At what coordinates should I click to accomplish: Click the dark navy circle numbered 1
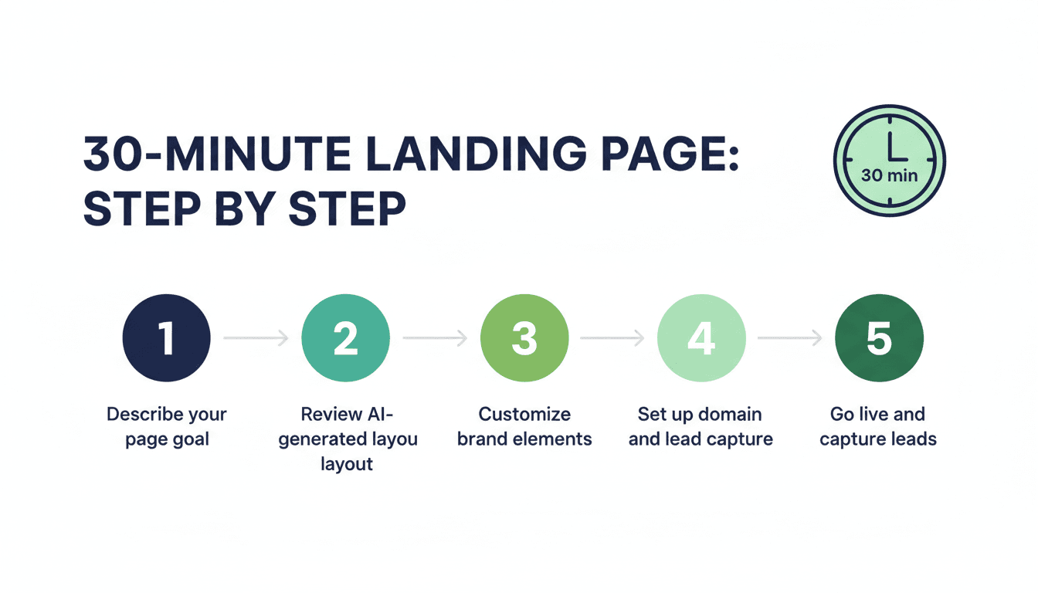click(x=166, y=337)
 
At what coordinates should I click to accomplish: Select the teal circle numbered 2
click(x=345, y=337)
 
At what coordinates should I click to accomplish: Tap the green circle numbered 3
click(x=524, y=337)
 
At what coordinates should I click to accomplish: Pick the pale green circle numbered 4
click(x=701, y=337)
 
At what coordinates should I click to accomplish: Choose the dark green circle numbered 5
click(x=879, y=337)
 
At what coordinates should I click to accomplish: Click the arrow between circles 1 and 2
click(x=256, y=337)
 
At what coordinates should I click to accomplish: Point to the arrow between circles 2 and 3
click(x=435, y=337)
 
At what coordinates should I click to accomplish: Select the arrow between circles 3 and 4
click(x=612, y=337)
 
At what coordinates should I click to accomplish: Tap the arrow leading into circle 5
click(x=790, y=337)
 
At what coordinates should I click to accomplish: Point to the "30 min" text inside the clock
click(x=889, y=175)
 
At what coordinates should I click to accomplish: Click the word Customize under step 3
click(x=524, y=414)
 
